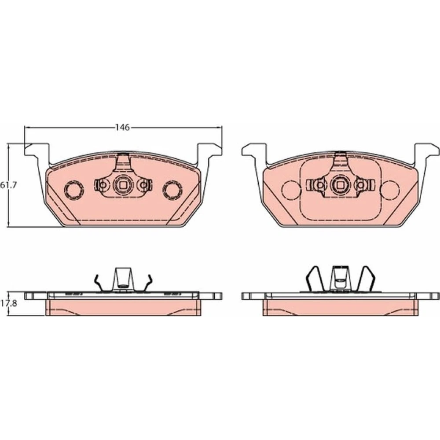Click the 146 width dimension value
123,128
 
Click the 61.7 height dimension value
8,185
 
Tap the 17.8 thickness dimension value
9,303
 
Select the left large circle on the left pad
74,190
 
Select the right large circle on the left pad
172,190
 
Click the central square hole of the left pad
123,185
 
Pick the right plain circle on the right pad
390,190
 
